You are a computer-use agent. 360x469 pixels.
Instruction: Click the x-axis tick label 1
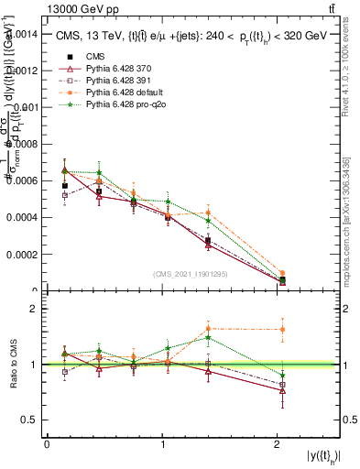point(162,444)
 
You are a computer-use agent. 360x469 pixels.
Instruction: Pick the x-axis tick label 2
point(278,444)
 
